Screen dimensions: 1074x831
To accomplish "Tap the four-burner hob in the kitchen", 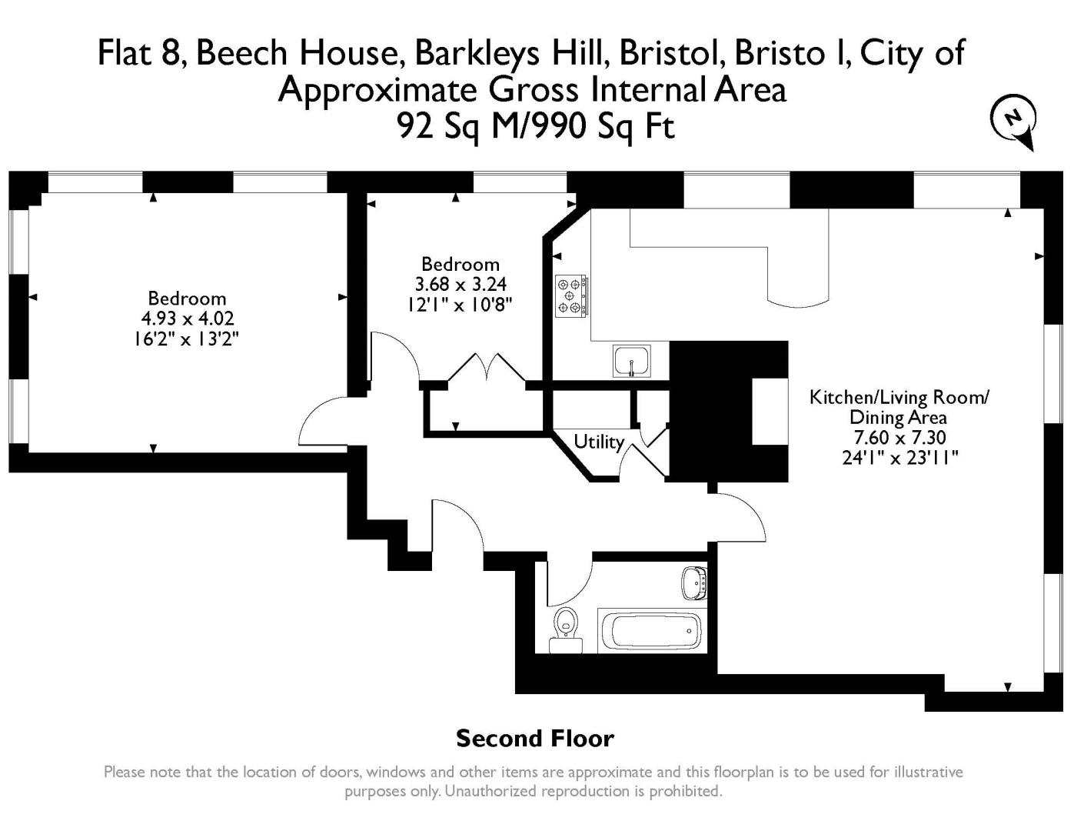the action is pyautogui.click(x=571, y=296).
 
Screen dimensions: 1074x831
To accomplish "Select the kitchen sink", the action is pyautogui.click(x=632, y=361).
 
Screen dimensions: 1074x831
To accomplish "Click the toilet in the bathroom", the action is pyautogui.click(x=565, y=630).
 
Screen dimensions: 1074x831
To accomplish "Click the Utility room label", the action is pyautogui.click(x=599, y=441).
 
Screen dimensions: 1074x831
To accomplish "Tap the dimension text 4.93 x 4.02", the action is pyautogui.click(x=188, y=318).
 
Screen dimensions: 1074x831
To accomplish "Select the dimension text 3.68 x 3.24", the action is pyautogui.click(x=461, y=284).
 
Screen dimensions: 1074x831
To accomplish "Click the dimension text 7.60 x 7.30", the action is pyautogui.click(x=899, y=437).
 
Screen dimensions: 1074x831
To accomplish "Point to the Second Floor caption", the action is pyautogui.click(x=535, y=739).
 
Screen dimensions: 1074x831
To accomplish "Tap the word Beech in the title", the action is pyautogui.click(x=241, y=53).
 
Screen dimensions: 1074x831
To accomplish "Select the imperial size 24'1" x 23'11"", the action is pyautogui.click(x=900, y=458).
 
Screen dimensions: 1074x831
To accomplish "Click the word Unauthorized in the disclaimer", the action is pyautogui.click(x=490, y=791).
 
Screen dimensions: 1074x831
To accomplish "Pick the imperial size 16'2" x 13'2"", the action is pyautogui.click(x=187, y=339).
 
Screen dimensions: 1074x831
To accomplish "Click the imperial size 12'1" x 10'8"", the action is pyautogui.click(x=459, y=304).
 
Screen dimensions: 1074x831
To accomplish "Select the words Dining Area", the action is pyautogui.click(x=898, y=418).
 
